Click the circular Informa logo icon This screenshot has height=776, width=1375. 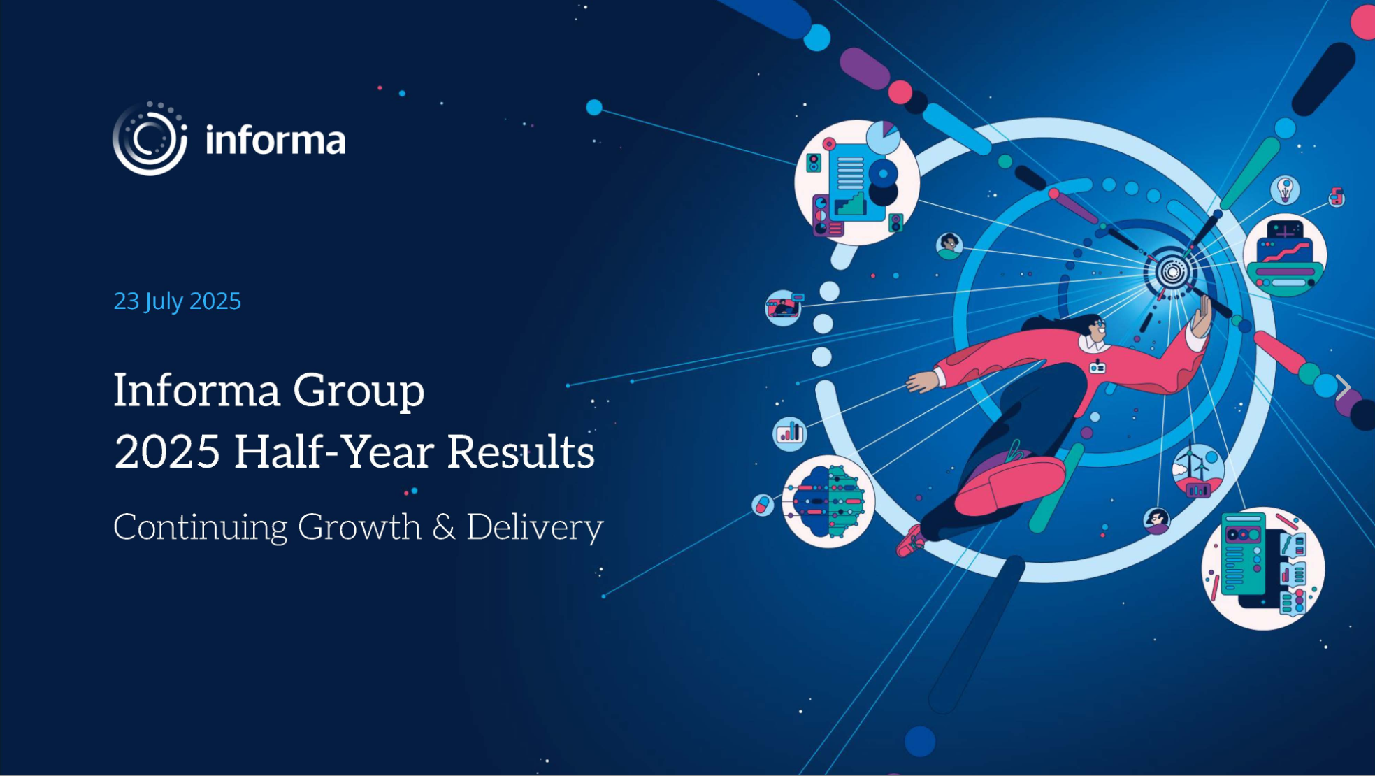[x=150, y=138]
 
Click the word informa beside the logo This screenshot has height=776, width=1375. [x=275, y=140]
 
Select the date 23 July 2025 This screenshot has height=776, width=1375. [x=177, y=301]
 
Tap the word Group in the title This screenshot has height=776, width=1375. [x=359, y=391]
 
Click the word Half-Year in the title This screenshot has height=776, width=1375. [x=333, y=452]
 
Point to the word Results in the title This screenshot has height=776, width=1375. [x=521, y=452]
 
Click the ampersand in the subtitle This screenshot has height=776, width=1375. [x=444, y=527]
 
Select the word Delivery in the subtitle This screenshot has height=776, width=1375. [x=535, y=528]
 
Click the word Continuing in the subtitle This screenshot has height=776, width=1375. [x=200, y=528]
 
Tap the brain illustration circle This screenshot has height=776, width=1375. [x=828, y=501]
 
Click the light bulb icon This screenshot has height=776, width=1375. [x=1285, y=189]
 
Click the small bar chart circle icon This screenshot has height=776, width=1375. [x=790, y=433]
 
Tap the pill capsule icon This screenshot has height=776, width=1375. [x=763, y=504]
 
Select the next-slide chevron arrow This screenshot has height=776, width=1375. [x=1343, y=387]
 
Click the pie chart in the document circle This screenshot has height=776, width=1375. [x=883, y=137]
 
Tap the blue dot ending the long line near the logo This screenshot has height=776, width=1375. [x=594, y=107]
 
